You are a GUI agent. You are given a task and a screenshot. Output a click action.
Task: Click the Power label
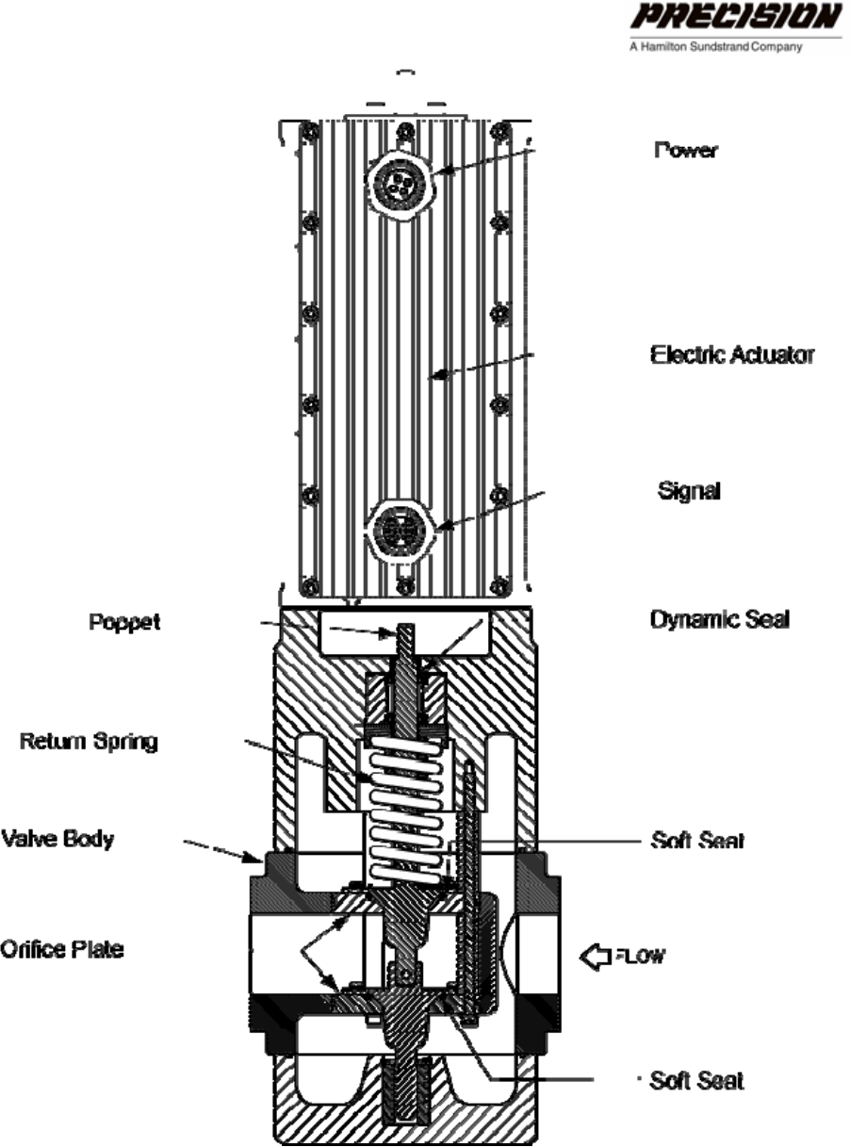click(685, 151)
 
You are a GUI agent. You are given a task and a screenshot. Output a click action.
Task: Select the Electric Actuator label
click(732, 355)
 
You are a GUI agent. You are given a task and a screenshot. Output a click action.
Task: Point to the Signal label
click(689, 491)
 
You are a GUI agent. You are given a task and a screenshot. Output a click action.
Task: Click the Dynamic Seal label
click(719, 619)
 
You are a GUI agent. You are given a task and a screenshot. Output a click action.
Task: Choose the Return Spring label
click(89, 742)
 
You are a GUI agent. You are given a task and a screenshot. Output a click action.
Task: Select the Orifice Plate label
click(61, 948)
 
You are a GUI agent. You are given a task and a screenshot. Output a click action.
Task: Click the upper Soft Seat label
click(696, 841)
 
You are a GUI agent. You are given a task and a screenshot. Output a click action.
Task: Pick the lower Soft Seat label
click(696, 1080)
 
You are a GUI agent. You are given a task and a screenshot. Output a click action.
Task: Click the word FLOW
click(640, 958)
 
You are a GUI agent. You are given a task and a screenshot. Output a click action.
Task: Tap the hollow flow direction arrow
click(595, 958)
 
